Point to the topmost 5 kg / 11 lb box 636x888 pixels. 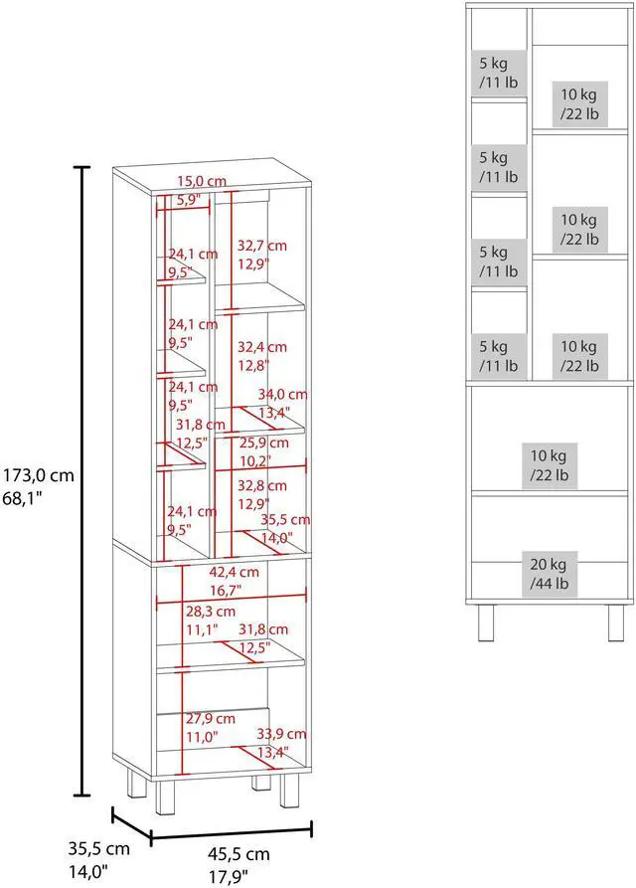(493, 74)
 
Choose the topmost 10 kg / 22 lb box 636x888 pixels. (579, 103)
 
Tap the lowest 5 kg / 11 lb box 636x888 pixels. (493, 356)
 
